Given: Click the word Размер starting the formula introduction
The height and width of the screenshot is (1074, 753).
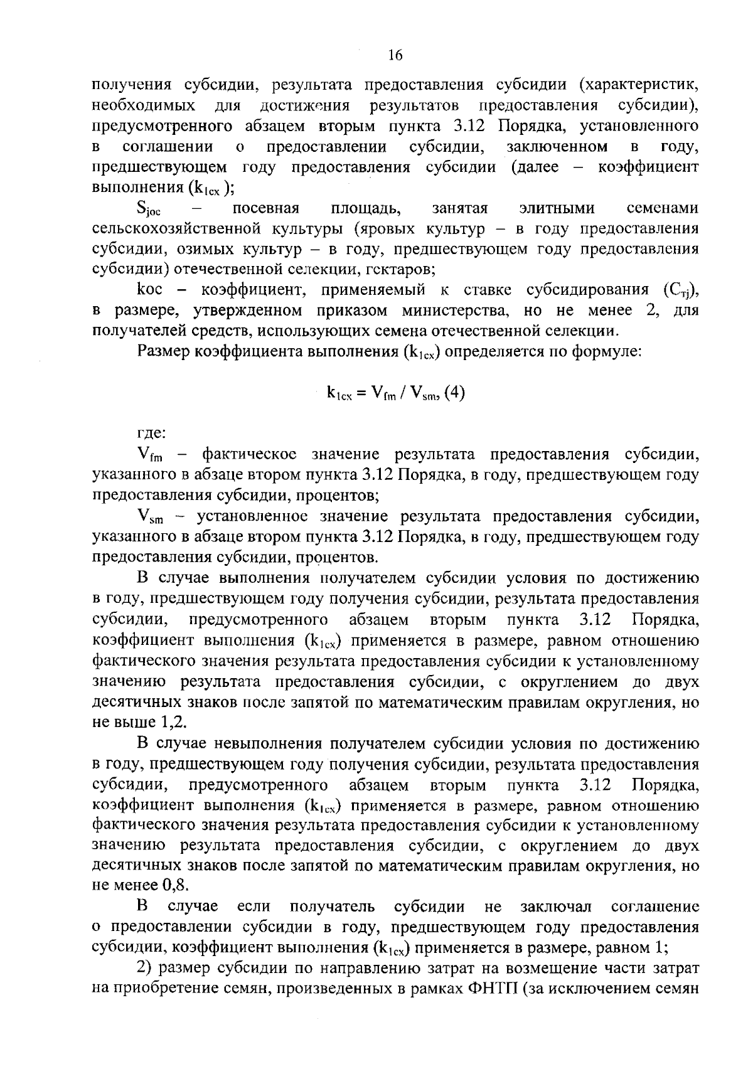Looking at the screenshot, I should (x=164, y=352).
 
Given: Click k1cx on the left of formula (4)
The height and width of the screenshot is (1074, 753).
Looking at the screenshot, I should (x=344, y=394).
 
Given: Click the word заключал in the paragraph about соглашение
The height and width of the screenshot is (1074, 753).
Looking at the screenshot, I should (x=556, y=907).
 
